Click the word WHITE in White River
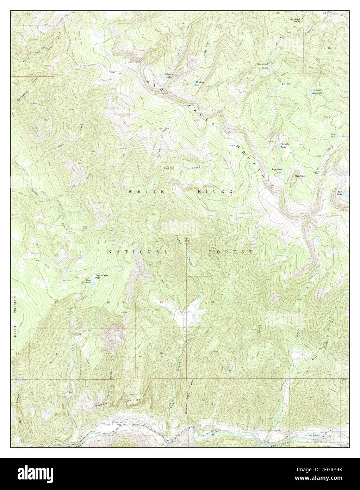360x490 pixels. (141, 191)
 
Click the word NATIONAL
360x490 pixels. (138, 252)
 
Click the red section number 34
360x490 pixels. (55, 354)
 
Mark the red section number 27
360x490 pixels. (56, 302)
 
